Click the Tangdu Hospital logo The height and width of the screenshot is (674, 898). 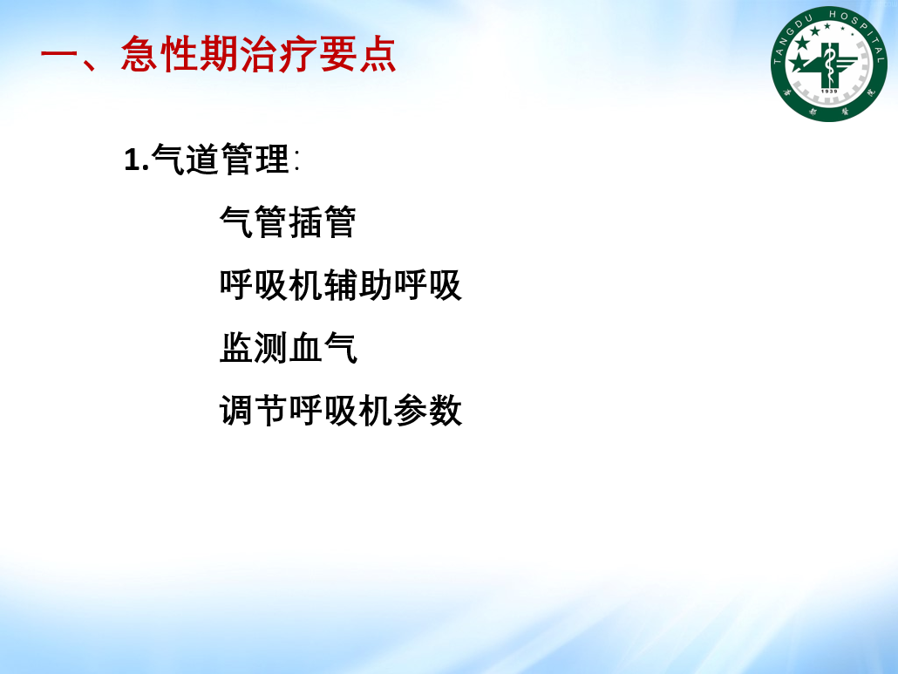point(829,65)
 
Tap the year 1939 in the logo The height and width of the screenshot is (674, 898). point(829,91)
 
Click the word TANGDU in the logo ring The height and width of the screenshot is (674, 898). point(792,38)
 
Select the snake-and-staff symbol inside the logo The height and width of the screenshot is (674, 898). point(829,65)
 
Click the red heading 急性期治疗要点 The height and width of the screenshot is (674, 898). point(258,54)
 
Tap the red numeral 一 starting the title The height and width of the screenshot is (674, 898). point(58,56)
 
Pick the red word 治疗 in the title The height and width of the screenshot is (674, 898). point(278,54)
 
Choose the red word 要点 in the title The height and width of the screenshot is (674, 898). point(357,54)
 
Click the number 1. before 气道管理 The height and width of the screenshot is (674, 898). point(137,160)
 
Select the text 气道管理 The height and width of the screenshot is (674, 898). point(221,159)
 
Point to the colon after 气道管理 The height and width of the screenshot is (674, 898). point(296,160)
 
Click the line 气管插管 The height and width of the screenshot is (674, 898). point(288,221)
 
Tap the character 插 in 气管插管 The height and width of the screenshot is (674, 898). point(304,221)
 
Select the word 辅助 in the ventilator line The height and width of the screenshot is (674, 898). point(358,284)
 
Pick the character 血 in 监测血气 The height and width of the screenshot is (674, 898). point(306,348)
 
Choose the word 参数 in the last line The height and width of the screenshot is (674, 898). point(427,411)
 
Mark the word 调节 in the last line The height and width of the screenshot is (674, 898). point(254,411)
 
